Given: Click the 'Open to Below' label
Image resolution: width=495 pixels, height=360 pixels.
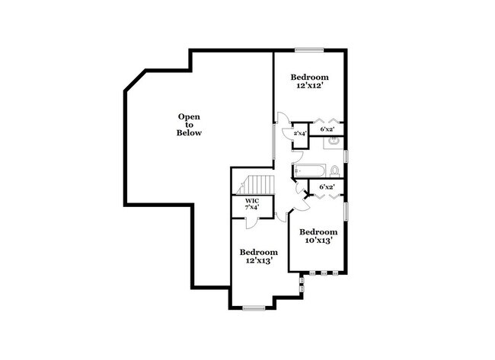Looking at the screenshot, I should (190, 125).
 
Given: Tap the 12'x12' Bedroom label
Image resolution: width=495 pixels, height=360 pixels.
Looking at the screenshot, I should (311, 82).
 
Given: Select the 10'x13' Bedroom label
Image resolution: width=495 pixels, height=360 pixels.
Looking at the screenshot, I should (318, 236).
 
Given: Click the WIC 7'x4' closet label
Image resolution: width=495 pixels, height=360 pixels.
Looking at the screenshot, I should (252, 204).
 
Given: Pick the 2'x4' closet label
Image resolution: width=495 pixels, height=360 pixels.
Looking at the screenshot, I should (300, 134).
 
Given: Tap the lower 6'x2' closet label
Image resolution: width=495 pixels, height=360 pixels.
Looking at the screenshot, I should (327, 186).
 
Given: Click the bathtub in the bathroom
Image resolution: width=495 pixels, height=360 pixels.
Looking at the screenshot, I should (309, 170).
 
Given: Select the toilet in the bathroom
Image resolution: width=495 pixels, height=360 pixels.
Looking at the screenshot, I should (335, 170).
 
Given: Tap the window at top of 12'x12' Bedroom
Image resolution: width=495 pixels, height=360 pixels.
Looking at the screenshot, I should (309, 50).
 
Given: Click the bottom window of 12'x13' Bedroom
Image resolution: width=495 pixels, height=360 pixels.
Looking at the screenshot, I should (254, 307).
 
